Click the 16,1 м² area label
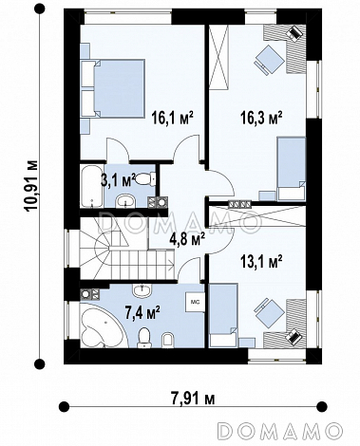point(172,119)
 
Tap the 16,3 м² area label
point(261,119)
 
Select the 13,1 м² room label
point(261,262)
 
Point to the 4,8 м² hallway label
point(187,240)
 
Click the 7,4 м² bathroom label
point(142,313)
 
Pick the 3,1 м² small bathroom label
point(118,180)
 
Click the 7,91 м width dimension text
point(193,399)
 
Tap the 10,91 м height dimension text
point(32,186)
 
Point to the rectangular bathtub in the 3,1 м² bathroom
point(92,186)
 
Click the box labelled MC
point(195,302)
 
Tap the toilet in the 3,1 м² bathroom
point(146,178)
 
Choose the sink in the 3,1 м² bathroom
point(126,201)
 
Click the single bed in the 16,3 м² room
point(292,169)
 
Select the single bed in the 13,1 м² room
point(223,315)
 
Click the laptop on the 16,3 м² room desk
point(294,33)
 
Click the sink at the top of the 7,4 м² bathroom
point(142,290)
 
